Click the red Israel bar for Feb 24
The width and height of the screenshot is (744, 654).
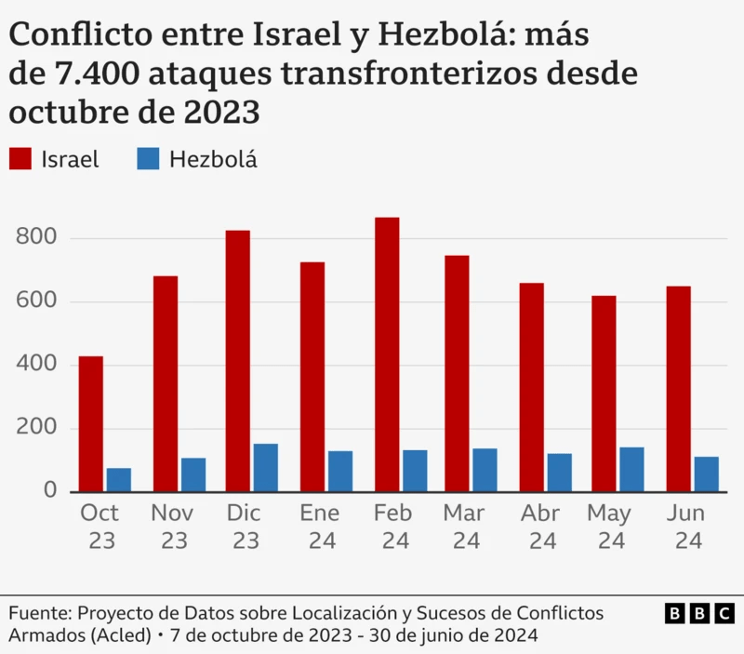click(387, 354)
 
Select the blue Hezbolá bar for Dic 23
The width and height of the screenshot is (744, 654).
click(266, 468)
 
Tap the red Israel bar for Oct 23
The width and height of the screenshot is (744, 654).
click(90, 424)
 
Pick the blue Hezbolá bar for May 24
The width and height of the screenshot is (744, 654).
click(631, 470)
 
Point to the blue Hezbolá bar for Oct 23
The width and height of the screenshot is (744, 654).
click(118, 480)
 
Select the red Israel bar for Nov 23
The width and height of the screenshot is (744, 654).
click(166, 384)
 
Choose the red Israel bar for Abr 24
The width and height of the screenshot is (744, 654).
click(531, 387)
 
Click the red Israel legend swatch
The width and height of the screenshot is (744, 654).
click(20, 159)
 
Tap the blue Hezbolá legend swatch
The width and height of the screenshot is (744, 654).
click(148, 159)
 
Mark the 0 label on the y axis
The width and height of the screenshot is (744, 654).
click(52, 491)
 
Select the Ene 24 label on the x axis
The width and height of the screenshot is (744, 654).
click(319, 527)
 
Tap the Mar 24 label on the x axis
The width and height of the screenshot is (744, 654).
click(464, 527)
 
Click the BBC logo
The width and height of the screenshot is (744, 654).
click(699, 614)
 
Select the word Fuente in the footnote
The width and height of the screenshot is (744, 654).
click(39, 614)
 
